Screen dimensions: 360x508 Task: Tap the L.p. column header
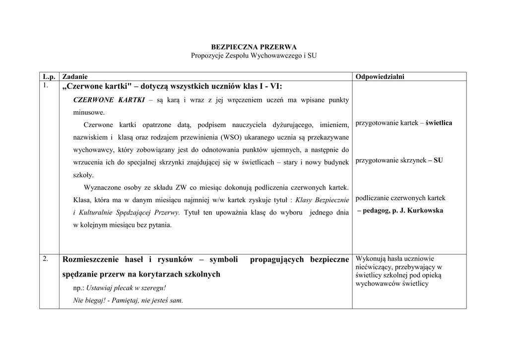(x=49, y=76)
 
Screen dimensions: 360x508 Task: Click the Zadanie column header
(x=75, y=76)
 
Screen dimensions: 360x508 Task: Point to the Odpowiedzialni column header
(x=380, y=76)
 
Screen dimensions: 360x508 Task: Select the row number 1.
(x=46, y=85)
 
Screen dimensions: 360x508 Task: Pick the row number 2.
(x=46, y=259)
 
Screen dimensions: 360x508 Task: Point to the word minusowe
(x=89, y=112)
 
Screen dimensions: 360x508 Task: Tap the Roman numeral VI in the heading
(x=275, y=86)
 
